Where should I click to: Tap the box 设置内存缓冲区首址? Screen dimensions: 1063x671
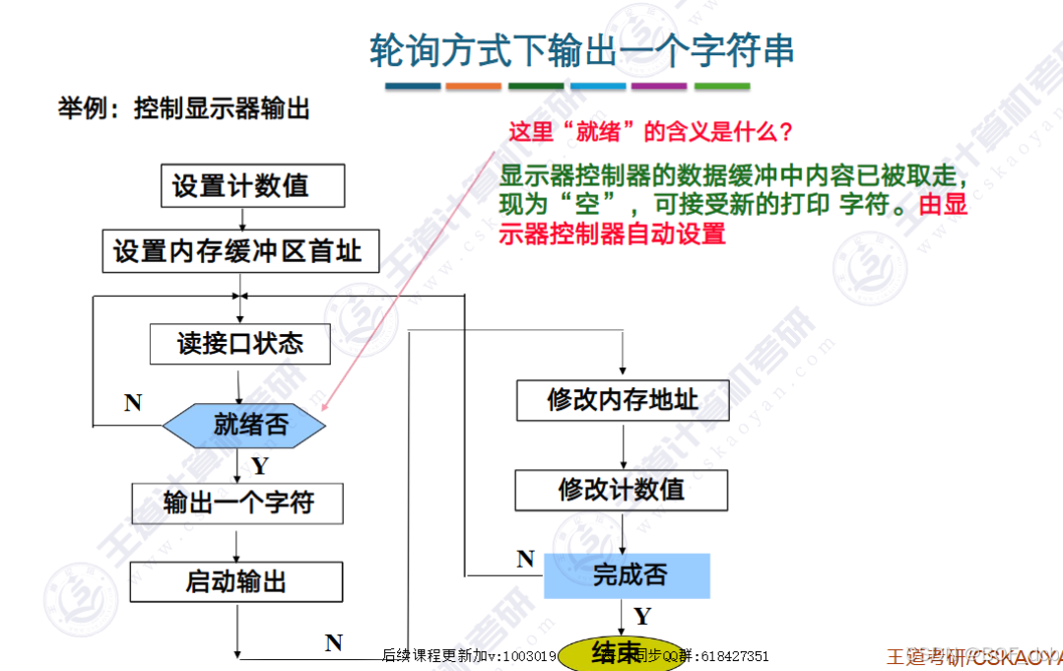tap(237, 250)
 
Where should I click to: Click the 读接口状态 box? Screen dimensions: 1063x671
tap(240, 344)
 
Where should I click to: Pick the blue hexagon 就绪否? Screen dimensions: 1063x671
tap(243, 425)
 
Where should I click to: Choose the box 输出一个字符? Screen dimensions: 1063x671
tap(237, 503)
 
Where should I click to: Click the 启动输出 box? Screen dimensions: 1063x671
tap(237, 581)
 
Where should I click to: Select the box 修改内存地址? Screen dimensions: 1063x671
tap(622, 399)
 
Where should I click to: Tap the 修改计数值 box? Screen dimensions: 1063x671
tap(622, 490)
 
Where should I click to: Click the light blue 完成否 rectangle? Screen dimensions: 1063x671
tap(628, 575)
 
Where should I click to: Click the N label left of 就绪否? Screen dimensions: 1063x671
tap(133, 402)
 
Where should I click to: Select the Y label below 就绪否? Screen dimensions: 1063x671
tap(259, 465)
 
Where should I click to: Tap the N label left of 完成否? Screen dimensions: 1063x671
tap(525, 560)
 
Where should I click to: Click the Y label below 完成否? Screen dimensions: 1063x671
tap(642, 617)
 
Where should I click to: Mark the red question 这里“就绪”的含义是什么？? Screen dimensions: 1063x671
tap(650, 131)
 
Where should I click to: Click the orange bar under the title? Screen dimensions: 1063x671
tap(473, 87)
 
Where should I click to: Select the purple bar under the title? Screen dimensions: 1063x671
tap(659, 87)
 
